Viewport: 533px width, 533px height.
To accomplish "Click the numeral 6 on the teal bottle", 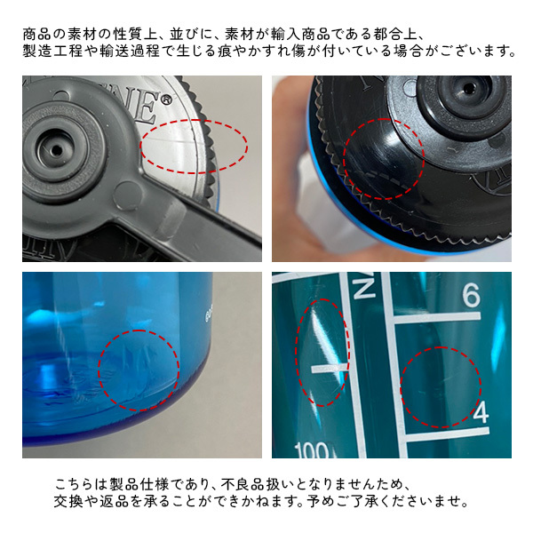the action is [x=471, y=294].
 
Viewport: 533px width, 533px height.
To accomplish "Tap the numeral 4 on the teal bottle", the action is [x=481, y=412].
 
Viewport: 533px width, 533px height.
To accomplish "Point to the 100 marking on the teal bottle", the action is [x=312, y=449].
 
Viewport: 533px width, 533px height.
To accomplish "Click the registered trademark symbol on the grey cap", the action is [x=165, y=99].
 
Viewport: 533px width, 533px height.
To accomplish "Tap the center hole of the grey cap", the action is [x=57, y=150].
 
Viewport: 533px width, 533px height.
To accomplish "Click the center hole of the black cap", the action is [x=469, y=88].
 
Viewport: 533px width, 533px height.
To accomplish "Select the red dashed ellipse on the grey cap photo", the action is [x=194, y=147].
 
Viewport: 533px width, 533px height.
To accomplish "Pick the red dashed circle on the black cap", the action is [x=384, y=159].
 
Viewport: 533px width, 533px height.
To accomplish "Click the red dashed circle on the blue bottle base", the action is [x=139, y=370].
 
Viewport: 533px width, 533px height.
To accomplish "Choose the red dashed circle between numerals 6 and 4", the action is [x=441, y=387].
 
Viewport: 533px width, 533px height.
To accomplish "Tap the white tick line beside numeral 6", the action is [x=437, y=318].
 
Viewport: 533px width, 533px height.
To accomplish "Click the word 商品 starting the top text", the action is [x=37, y=35].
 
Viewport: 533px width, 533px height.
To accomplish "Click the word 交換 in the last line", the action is [x=68, y=501].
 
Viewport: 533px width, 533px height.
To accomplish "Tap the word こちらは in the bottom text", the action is [x=81, y=484].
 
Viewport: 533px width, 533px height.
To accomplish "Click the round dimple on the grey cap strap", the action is [x=127, y=195].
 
